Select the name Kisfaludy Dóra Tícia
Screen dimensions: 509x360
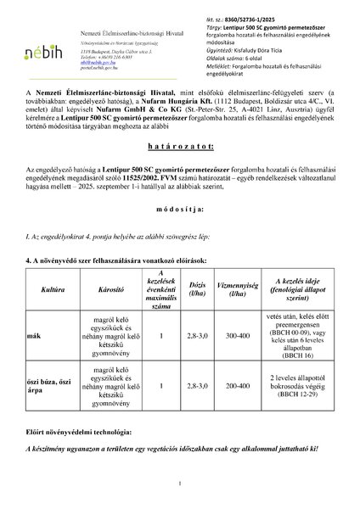(x=266, y=50)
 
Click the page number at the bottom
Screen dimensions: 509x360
(x=180, y=484)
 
